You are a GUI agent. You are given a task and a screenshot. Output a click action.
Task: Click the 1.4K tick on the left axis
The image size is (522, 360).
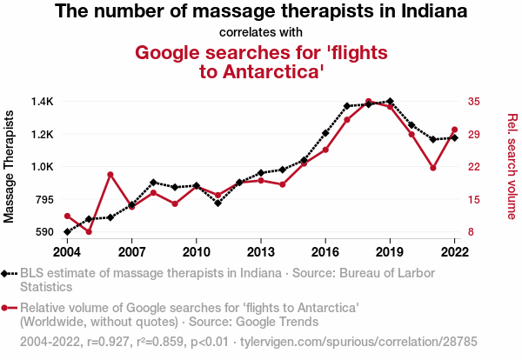(x=41, y=102)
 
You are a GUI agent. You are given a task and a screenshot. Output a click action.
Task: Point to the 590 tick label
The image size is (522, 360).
(x=43, y=232)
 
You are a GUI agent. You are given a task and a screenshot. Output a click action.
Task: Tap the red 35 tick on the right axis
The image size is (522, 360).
(x=473, y=102)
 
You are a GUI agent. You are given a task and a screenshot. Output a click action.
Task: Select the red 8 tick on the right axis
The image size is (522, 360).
(x=471, y=232)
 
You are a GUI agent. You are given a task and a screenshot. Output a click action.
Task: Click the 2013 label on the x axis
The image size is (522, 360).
(x=260, y=252)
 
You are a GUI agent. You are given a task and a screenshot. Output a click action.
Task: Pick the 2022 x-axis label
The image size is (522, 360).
(x=454, y=252)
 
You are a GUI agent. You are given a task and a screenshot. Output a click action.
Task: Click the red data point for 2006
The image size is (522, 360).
(x=110, y=175)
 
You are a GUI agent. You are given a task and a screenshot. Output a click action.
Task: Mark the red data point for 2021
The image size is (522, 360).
(x=432, y=168)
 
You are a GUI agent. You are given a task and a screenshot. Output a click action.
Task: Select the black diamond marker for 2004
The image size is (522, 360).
(x=67, y=231)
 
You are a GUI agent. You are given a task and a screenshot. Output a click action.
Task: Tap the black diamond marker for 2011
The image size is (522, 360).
(x=217, y=203)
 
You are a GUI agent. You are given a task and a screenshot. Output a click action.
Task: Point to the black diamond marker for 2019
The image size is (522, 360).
(x=390, y=102)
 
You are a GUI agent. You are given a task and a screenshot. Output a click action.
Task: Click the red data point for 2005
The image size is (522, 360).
(x=89, y=232)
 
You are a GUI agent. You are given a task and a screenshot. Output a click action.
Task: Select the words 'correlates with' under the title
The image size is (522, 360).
(x=261, y=33)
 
